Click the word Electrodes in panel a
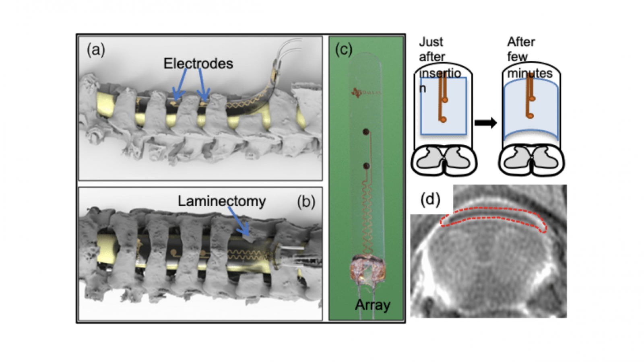point(198,64)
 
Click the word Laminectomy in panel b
point(222,201)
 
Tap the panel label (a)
point(96,50)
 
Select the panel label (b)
point(306,202)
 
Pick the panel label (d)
point(430,199)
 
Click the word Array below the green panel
point(372,305)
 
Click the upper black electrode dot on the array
point(366,132)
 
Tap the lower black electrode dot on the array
point(366,166)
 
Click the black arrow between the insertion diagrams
point(485,123)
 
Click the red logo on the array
point(357,93)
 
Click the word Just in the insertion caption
point(431,42)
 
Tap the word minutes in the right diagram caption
point(530,73)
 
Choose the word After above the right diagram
point(521,42)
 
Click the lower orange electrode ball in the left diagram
point(443,119)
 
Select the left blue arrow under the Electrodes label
point(180,84)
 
